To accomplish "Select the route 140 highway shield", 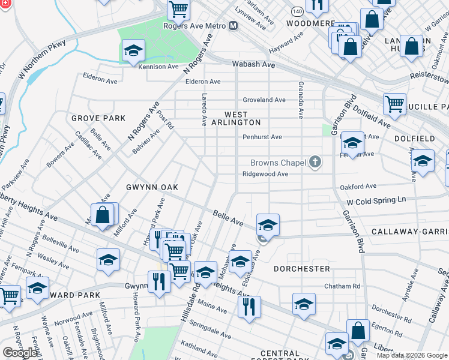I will (297, 11).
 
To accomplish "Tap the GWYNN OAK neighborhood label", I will (152, 187).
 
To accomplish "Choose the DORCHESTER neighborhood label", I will (302, 269).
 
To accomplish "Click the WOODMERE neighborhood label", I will (310, 23).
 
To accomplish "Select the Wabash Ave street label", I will (259, 65).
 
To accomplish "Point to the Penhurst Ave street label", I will (262, 137).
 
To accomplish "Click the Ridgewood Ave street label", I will (265, 174).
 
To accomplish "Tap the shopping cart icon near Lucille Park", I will (394, 104).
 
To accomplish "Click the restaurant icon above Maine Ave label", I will (248, 306).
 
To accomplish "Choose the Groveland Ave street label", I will (264, 100).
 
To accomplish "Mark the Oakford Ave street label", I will (358, 186).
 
